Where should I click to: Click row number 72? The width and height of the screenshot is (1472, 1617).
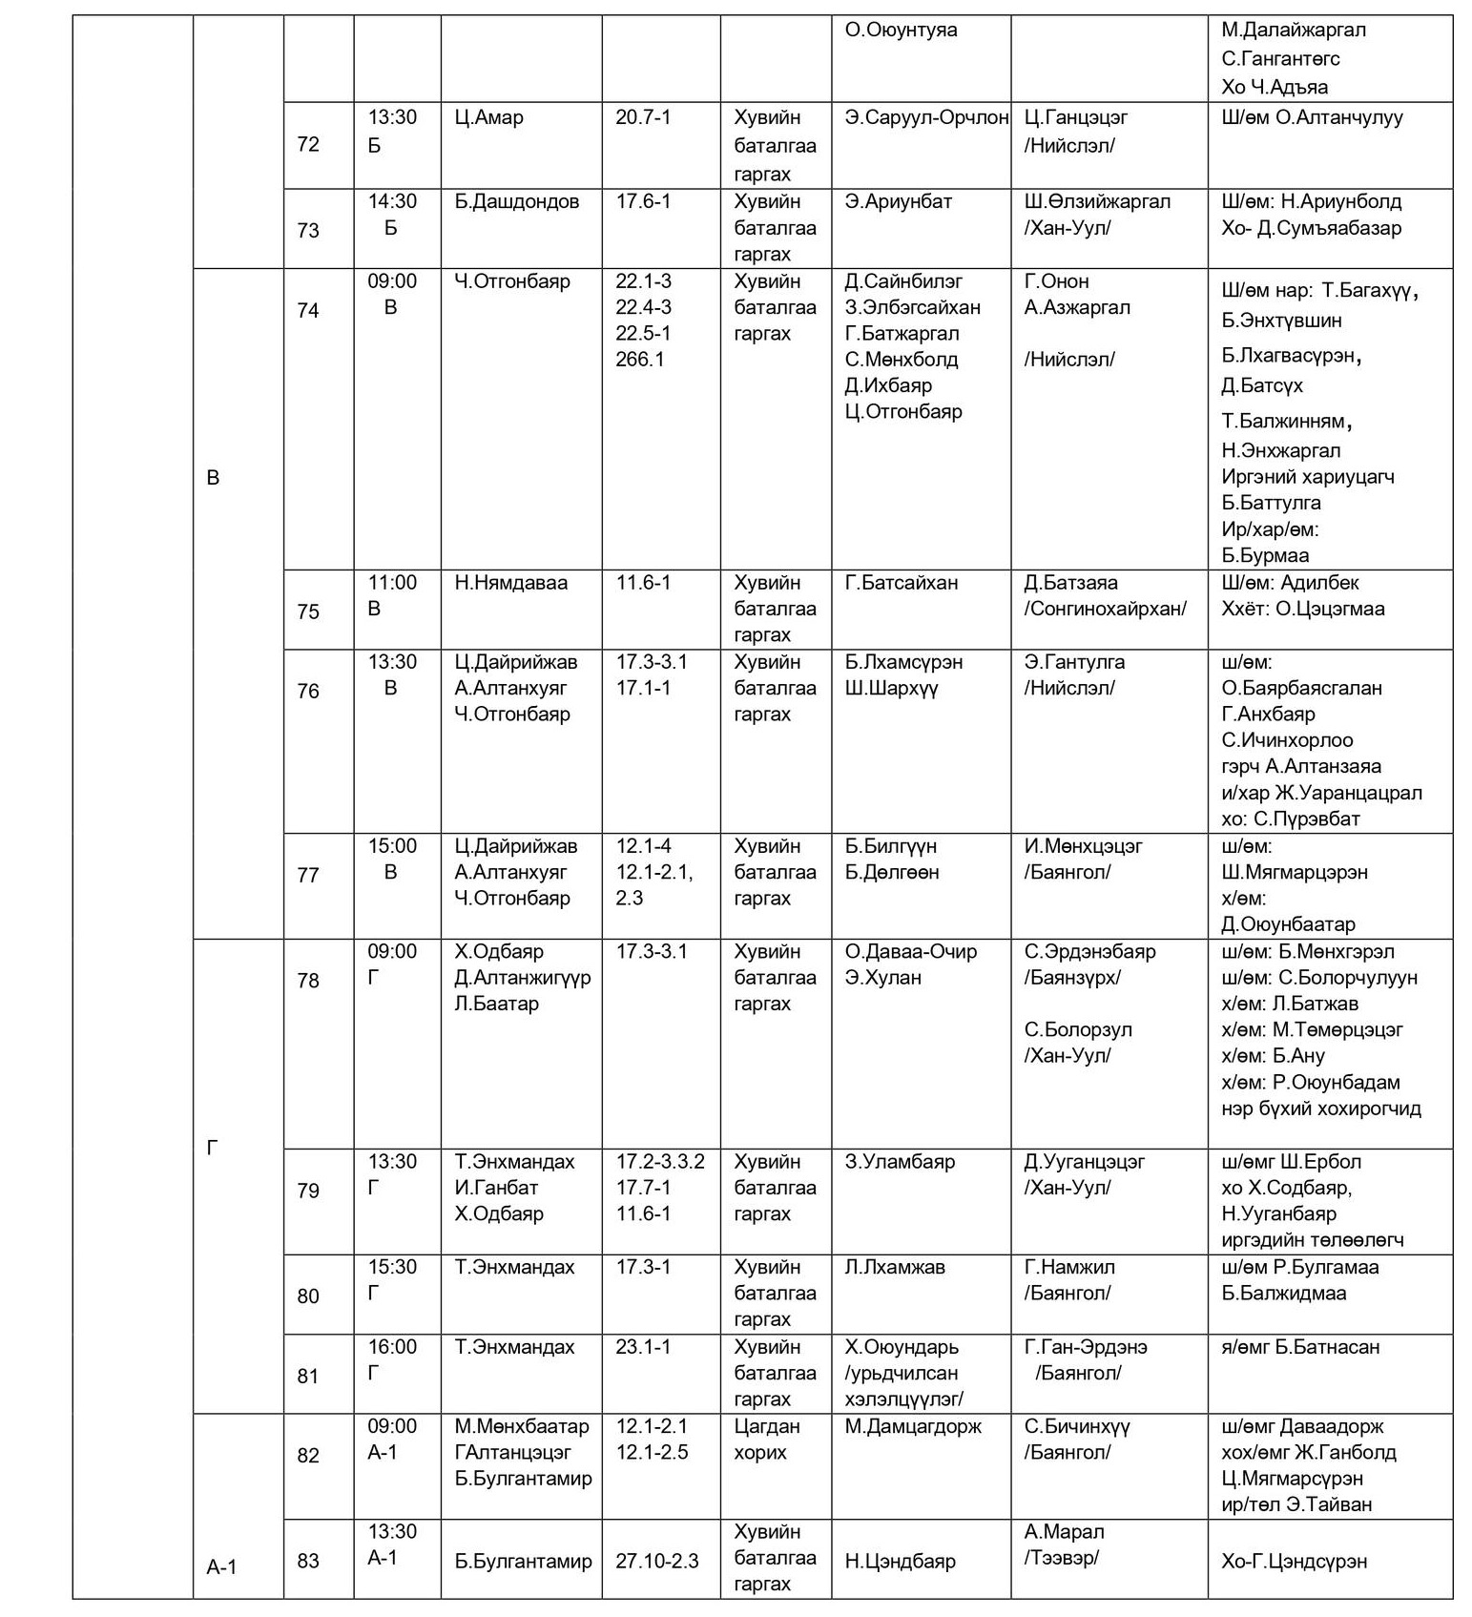pyautogui.click(x=308, y=145)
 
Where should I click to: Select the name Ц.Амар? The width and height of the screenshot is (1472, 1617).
pyautogui.click(x=488, y=118)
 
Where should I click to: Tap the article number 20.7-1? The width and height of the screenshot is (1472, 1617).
pyautogui.click(x=643, y=118)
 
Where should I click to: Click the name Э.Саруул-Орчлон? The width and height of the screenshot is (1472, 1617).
pyautogui.click(x=925, y=118)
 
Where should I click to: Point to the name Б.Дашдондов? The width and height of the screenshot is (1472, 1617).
pyautogui.click(x=516, y=202)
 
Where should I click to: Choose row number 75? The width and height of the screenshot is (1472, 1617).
pyautogui.click(x=308, y=612)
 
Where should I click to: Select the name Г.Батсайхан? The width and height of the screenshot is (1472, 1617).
pyautogui.click(x=901, y=583)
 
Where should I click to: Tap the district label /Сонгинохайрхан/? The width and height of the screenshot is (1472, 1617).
pyautogui.click(x=1105, y=609)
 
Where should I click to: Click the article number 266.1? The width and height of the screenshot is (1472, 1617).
pyautogui.click(x=640, y=360)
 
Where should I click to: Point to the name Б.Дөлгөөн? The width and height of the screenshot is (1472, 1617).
pyautogui.click(x=891, y=872)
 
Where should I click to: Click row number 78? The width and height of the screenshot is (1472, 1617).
pyautogui.click(x=308, y=981)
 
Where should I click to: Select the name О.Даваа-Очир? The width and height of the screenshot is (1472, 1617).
pyautogui.click(x=910, y=952)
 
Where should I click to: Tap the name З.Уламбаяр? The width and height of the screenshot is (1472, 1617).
pyautogui.click(x=899, y=1162)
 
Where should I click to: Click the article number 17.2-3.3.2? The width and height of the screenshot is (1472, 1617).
pyautogui.click(x=660, y=1162)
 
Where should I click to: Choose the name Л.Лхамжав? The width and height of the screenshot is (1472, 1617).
pyautogui.click(x=894, y=1267)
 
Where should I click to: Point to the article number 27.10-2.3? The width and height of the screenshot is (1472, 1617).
pyautogui.click(x=656, y=1562)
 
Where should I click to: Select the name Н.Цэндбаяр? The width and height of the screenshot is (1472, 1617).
pyautogui.click(x=900, y=1562)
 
